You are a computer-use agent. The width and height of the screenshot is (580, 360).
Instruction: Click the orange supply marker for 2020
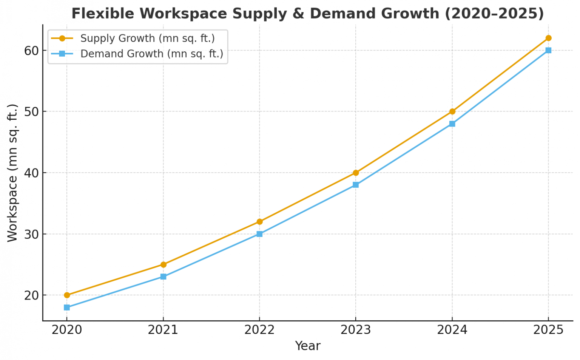[67, 295]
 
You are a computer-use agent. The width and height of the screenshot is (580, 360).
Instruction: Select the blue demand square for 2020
[67, 307]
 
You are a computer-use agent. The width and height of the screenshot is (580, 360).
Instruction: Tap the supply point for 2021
[163, 264]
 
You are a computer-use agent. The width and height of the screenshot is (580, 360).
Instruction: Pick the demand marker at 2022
[259, 234]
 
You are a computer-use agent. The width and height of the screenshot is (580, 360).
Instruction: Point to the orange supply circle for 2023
[356, 173]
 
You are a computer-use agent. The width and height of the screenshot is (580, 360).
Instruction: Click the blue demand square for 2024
[452, 124]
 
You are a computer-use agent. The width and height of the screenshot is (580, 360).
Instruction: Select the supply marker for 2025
[548, 38]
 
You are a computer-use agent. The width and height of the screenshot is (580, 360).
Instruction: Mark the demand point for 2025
[548, 50]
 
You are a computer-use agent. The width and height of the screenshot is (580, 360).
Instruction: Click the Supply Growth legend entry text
[148, 39]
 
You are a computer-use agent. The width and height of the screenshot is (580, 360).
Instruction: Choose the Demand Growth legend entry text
[152, 54]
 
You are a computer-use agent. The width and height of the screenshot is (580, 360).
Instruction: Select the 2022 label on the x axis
[259, 330]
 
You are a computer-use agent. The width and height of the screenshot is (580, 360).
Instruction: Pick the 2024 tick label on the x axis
[452, 330]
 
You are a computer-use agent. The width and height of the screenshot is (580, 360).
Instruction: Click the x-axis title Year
[307, 346]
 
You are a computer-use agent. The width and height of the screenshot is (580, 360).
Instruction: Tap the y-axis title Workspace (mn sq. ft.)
[12, 173]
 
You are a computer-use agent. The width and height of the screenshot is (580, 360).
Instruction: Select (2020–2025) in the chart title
[494, 14]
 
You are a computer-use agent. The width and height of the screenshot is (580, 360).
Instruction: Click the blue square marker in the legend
[62, 54]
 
